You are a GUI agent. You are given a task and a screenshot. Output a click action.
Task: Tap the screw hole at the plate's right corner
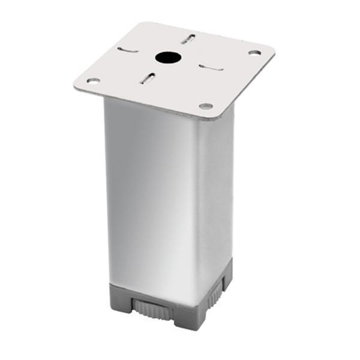[x=254, y=53]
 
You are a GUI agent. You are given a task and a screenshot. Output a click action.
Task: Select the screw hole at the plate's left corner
[x=93, y=80]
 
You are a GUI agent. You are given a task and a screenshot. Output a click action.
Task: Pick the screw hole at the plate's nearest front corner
[x=206, y=106]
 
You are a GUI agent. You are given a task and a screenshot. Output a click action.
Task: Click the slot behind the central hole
[x=188, y=39]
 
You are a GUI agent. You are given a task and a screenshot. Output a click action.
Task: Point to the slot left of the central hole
[x=127, y=50]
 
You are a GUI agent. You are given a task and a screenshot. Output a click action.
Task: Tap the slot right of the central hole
[x=211, y=67]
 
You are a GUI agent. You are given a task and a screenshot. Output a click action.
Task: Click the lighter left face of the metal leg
[x=150, y=192]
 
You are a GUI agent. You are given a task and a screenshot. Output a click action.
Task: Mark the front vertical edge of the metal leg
[x=199, y=198]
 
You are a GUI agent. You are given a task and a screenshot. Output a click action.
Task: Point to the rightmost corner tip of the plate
[x=274, y=50]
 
